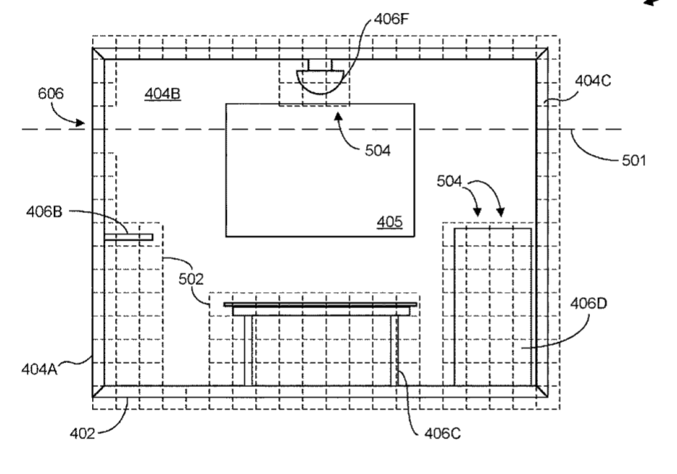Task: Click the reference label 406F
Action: click(391, 19)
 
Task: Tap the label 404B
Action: click(162, 93)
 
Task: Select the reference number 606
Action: click(51, 93)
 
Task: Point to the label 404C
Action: click(593, 80)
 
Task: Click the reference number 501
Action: click(634, 161)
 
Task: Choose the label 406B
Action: click(44, 212)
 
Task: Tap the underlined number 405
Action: click(389, 222)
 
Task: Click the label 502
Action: click(191, 279)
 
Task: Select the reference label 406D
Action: click(589, 304)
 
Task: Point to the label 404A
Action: click(39, 369)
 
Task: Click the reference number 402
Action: click(82, 433)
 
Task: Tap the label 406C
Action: click(442, 433)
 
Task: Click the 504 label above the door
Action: click(449, 181)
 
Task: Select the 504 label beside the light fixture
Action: click(378, 150)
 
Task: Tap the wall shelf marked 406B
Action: click(129, 237)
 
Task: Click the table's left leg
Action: click(249, 350)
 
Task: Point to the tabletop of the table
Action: click(320, 305)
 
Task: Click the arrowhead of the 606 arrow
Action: click(80, 123)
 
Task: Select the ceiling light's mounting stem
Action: click(320, 65)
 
